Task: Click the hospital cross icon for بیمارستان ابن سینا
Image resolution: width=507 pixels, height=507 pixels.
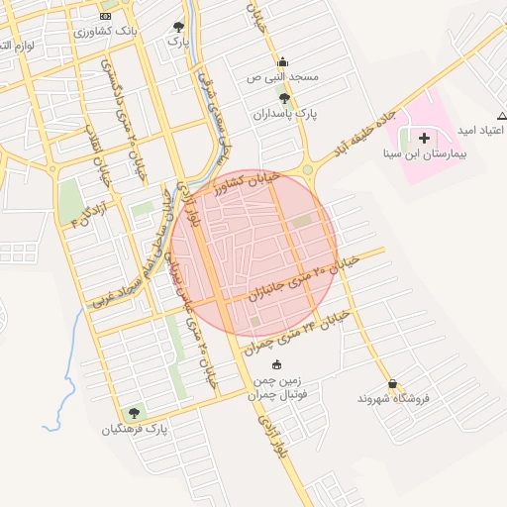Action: click(x=425, y=137)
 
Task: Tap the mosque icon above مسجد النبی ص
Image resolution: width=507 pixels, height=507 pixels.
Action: click(x=284, y=60)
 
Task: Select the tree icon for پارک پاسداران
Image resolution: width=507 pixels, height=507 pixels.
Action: click(x=285, y=98)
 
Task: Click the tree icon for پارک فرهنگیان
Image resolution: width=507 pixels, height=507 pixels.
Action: click(x=134, y=413)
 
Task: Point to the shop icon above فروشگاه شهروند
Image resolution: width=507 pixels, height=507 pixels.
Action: click(x=394, y=383)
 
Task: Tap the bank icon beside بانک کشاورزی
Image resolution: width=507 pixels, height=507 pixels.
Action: click(x=106, y=17)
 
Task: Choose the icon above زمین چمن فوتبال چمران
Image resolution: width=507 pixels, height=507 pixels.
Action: click(x=275, y=364)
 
